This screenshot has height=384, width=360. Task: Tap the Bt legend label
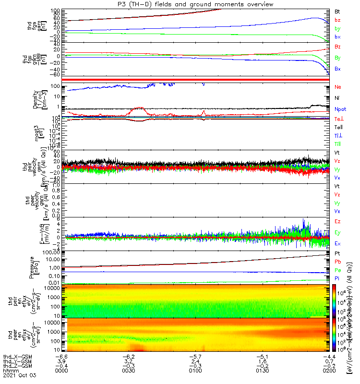[x=337, y=11]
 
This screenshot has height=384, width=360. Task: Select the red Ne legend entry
[x=338, y=87]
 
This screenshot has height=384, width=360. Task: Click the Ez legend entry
[x=338, y=221]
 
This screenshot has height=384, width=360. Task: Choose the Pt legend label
[x=338, y=252]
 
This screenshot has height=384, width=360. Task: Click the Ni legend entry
[x=338, y=98]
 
